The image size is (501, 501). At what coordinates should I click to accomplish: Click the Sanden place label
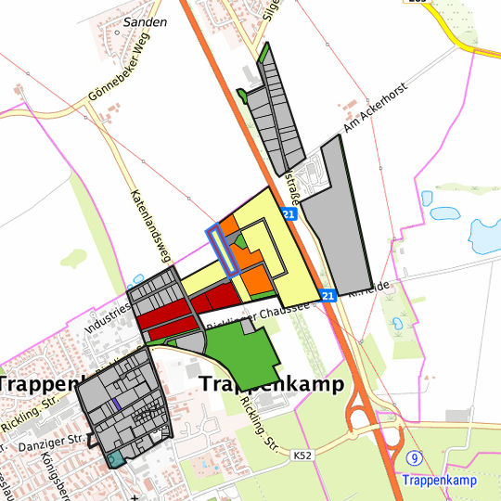click(x=147, y=20)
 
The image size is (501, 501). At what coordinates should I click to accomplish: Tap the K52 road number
click(x=302, y=456)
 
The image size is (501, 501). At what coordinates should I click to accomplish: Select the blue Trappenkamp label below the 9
click(x=439, y=480)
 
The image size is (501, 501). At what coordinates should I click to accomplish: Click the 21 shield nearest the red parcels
click(x=328, y=295)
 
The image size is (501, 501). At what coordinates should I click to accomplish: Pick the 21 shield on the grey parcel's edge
click(x=289, y=214)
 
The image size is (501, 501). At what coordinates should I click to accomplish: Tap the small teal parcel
click(x=115, y=458)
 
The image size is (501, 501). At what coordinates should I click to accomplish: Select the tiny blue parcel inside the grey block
click(x=116, y=405)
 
